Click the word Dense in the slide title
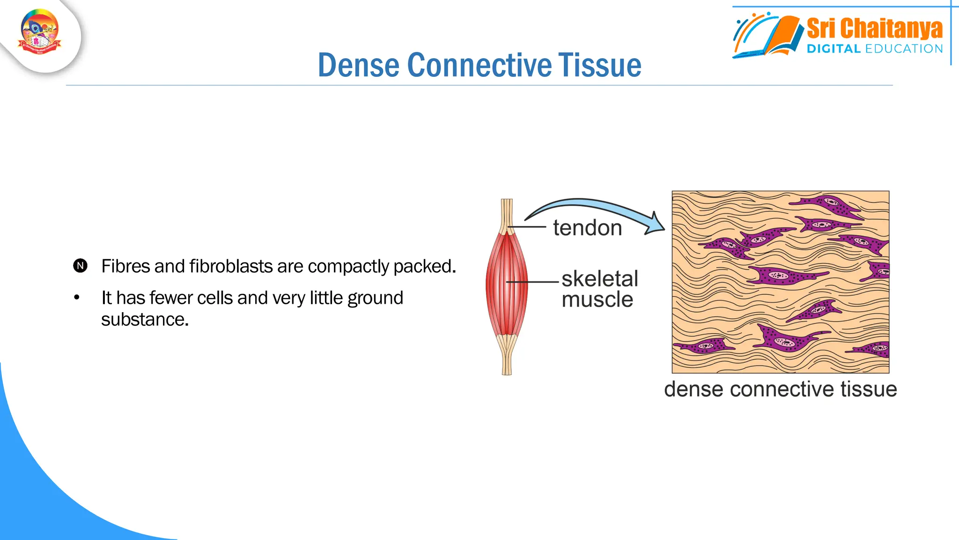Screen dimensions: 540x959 [x=359, y=65]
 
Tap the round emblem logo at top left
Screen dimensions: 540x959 [x=40, y=32]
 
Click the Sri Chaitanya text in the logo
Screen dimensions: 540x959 [x=874, y=29]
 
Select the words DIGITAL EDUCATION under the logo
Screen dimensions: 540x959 [x=874, y=49]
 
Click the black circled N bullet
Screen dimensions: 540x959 [x=81, y=266]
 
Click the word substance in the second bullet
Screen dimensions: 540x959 [x=145, y=320]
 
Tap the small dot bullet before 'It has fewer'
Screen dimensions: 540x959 [x=77, y=298]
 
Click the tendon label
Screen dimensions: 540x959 [x=587, y=228]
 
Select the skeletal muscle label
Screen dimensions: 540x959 [x=599, y=289]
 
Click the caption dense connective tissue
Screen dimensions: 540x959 [x=780, y=389]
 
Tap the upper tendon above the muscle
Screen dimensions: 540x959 [x=507, y=213]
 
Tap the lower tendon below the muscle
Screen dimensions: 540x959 [x=507, y=359]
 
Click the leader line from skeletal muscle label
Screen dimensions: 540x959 [x=534, y=282]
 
